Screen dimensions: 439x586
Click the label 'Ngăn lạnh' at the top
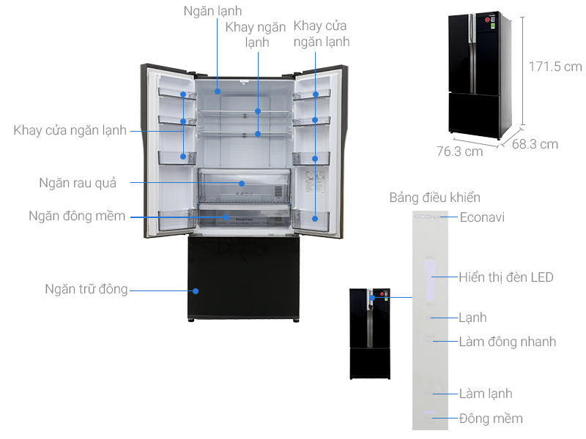tap(212, 11)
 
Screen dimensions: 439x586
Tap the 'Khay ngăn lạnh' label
tap(256, 34)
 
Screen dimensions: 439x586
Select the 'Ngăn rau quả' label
tap(78, 183)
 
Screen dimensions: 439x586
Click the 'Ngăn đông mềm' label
tap(77, 216)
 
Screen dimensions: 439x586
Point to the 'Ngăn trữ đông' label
tap(86, 289)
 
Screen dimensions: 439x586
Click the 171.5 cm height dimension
tap(555, 67)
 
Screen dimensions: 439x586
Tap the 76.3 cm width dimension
tap(459, 151)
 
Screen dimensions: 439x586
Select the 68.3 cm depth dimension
tap(535, 144)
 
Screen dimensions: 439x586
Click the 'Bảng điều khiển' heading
tap(435, 198)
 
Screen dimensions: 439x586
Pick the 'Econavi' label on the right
tap(482, 217)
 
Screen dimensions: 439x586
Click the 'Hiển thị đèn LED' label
tap(506, 277)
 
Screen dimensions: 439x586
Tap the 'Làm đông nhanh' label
tap(507, 342)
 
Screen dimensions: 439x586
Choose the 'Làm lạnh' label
tap(486, 394)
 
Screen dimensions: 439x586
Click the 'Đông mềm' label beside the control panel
tap(491, 419)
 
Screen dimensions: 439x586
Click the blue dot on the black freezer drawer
tap(196, 290)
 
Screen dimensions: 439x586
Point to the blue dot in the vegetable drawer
tap(241, 183)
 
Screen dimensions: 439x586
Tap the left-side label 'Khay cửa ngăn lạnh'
tap(70, 130)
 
